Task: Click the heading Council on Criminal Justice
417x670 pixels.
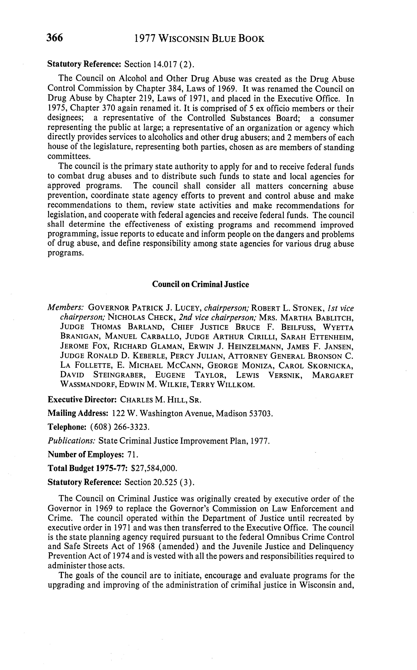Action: [201, 284]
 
